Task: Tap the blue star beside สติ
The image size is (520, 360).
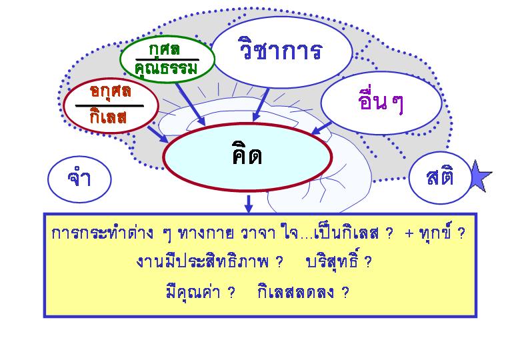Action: point(480,176)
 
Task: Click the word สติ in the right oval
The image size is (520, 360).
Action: point(440,177)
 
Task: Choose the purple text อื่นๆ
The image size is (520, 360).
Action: point(381,101)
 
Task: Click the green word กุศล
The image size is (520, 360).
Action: point(165,50)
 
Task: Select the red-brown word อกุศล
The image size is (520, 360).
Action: point(111,91)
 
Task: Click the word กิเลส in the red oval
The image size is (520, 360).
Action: point(108,116)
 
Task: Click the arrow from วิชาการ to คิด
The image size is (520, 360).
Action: point(261,105)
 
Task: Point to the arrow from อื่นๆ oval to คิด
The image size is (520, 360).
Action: point(321,128)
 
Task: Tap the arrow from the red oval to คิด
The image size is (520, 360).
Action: point(158,134)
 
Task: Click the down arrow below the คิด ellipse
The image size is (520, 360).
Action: point(249,203)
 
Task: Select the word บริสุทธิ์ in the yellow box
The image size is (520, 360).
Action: point(331,261)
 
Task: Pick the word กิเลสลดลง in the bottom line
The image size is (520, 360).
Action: point(295,292)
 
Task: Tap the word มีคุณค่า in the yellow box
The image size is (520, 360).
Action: point(193,292)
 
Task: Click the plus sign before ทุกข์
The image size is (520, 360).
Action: point(409,233)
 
